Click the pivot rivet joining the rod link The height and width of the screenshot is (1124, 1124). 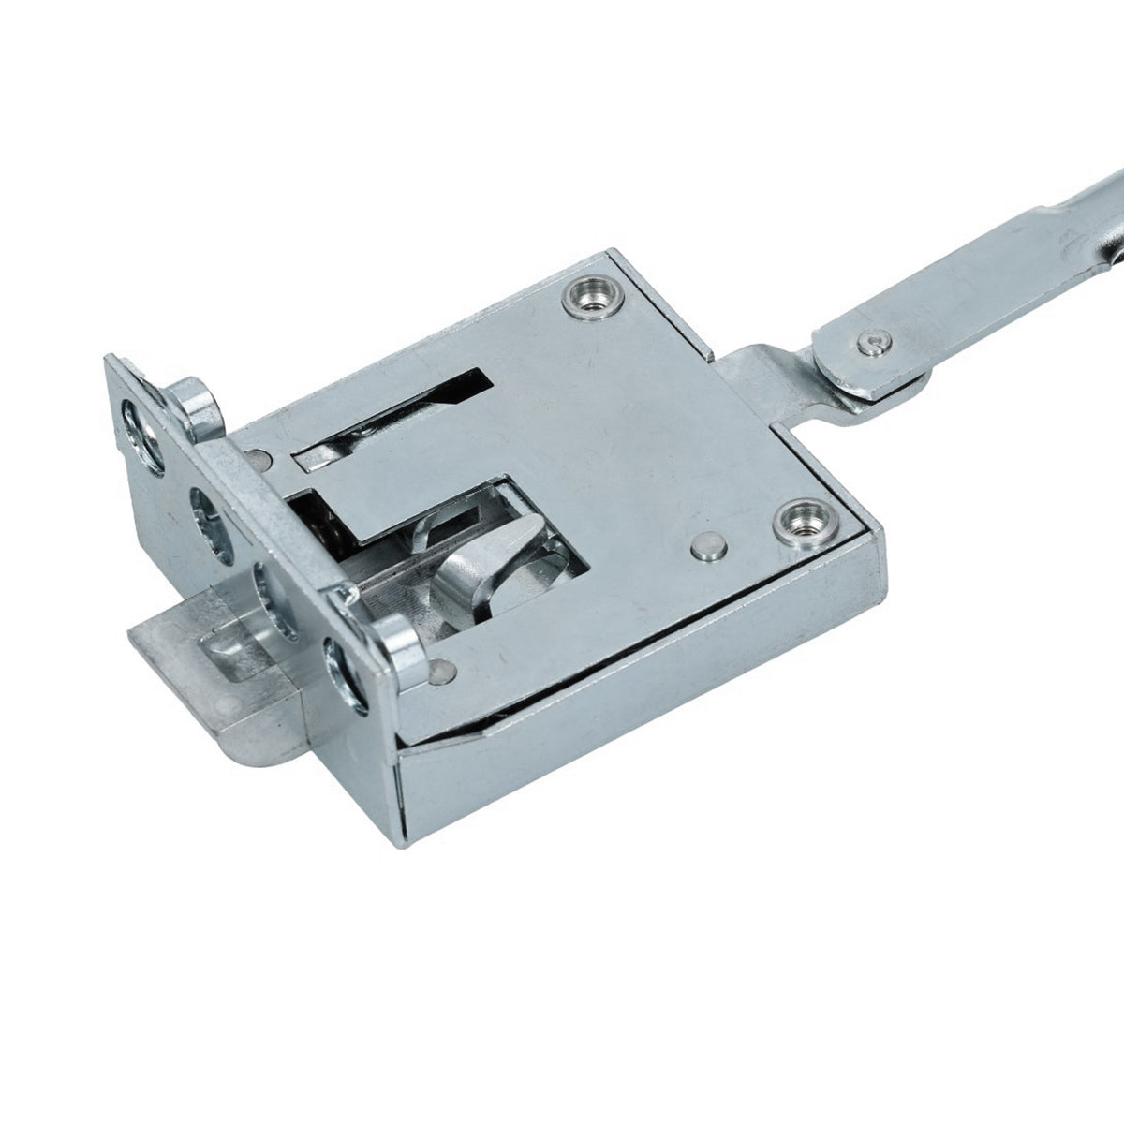click(873, 343)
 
